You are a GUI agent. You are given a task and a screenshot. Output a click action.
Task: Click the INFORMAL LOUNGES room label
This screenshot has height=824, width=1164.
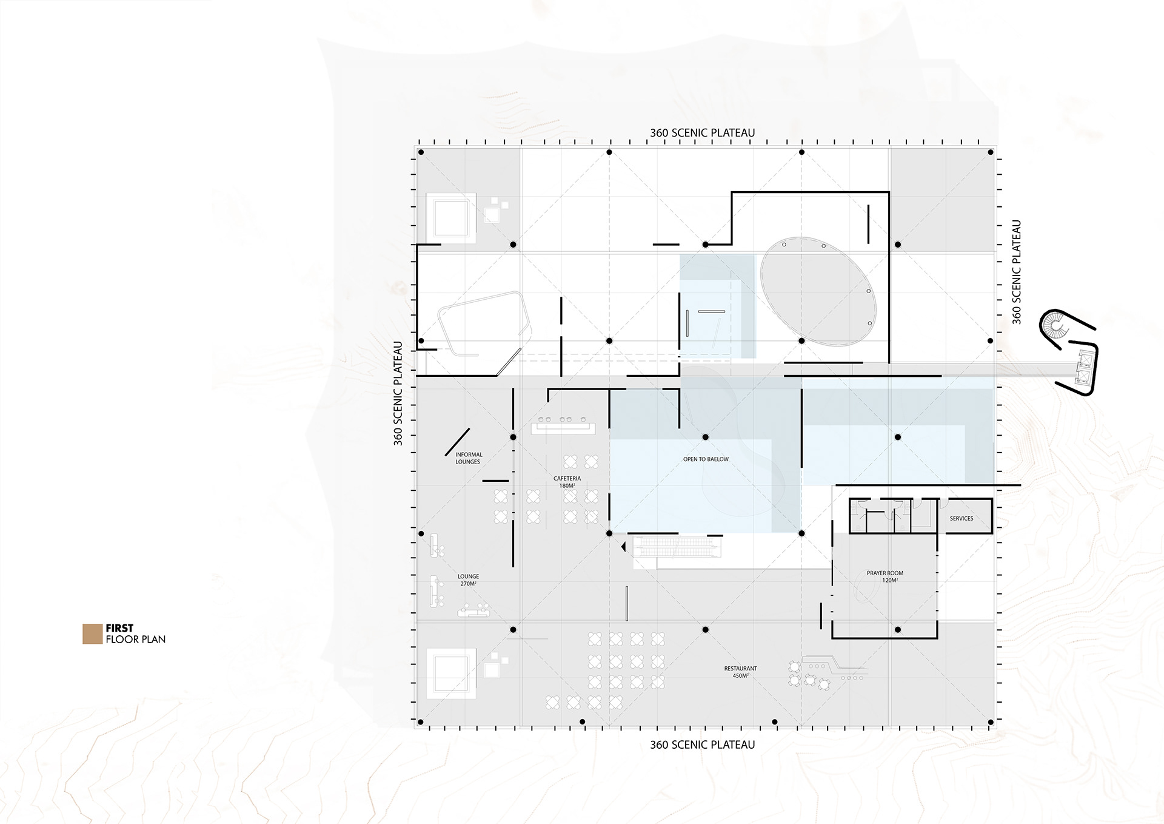coord(469,458)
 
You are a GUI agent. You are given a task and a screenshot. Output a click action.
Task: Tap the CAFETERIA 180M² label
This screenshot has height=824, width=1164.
coord(567,482)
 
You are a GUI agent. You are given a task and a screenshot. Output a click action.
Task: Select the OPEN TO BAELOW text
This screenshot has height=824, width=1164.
coord(706,459)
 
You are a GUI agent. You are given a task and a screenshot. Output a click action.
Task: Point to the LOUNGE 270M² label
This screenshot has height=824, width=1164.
coord(468,580)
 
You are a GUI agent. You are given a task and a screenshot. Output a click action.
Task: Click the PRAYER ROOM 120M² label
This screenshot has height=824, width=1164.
coord(885,576)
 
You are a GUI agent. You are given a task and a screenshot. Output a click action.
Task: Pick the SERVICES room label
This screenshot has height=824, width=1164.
coord(962,518)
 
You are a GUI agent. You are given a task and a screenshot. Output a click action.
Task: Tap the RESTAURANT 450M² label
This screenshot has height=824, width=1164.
coord(740,672)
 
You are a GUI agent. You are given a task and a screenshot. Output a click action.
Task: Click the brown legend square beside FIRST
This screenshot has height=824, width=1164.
coord(92,633)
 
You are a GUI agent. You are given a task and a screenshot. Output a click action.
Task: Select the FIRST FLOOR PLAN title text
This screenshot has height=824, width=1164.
coord(135,633)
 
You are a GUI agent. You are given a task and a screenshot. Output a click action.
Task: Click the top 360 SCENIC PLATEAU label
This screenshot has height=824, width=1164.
coord(703,133)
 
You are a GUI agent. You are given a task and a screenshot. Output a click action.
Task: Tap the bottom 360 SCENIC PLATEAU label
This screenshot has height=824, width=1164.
coord(703,745)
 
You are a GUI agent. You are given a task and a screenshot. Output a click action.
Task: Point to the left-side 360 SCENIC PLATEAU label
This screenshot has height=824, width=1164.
coord(398,393)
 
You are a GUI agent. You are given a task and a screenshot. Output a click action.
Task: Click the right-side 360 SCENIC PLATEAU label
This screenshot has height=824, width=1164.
coord(1017,272)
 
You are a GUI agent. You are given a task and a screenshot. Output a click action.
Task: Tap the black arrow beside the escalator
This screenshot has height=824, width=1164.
coord(623,547)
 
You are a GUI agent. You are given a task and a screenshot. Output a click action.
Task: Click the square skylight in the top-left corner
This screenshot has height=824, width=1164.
coord(451,218)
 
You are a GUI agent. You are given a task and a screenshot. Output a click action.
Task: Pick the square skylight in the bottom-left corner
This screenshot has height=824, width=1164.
coord(451,674)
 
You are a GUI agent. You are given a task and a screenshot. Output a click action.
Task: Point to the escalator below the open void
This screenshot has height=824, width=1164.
coord(677,548)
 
